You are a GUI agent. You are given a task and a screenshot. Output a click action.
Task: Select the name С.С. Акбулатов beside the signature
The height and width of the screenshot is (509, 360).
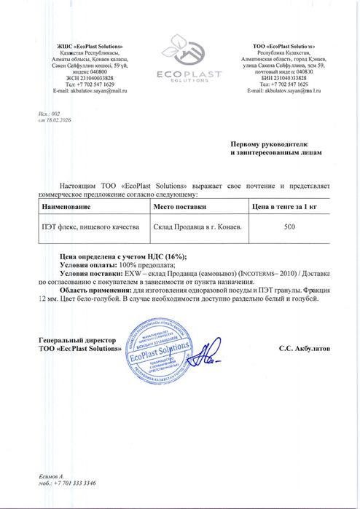[x=304, y=349]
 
